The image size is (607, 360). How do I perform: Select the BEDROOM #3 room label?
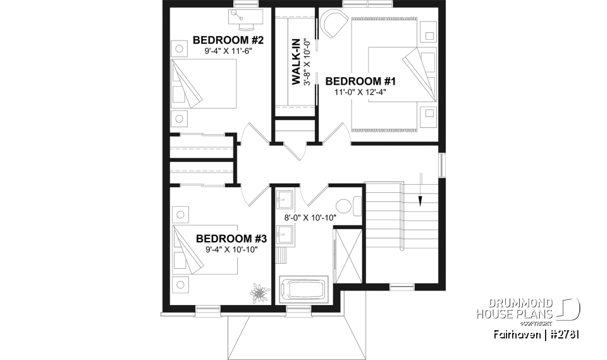click(x=231, y=239)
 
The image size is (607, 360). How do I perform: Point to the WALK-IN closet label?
click(x=295, y=62)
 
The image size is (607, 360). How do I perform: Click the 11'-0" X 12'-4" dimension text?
click(x=360, y=92)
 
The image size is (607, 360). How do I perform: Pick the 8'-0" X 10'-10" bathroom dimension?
click(x=309, y=218)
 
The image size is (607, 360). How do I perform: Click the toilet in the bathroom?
click(x=346, y=206)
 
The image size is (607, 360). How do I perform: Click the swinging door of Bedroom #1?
click(x=336, y=133)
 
